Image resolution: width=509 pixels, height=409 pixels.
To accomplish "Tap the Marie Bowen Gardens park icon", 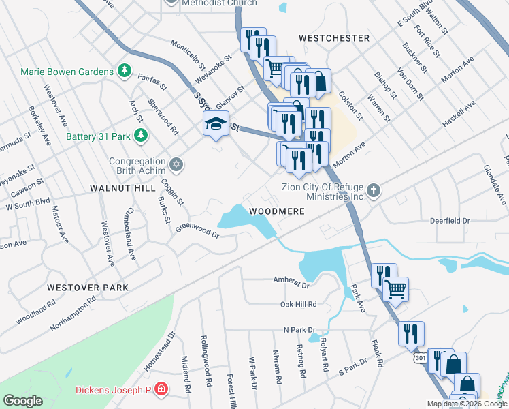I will (x=125, y=70).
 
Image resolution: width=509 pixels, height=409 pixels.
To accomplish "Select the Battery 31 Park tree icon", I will (x=141, y=136).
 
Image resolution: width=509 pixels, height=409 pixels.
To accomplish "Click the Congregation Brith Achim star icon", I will (x=176, y=164).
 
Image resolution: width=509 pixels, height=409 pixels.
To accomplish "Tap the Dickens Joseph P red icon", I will (x=161, y=389).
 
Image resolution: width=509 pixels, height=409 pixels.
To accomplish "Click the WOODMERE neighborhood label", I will (x=276, y=211).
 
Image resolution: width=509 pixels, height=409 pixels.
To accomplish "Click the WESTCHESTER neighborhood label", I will (x=334, y=38).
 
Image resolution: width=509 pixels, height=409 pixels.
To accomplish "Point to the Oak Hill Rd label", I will (x=299, y=304).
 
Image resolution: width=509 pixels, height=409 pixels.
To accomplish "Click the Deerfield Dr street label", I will (x=450, y=221).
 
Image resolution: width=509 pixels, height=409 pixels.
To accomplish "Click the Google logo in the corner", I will (x=22, y=401).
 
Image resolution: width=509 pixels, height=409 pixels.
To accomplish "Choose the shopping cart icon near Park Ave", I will (x=396, y=288).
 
